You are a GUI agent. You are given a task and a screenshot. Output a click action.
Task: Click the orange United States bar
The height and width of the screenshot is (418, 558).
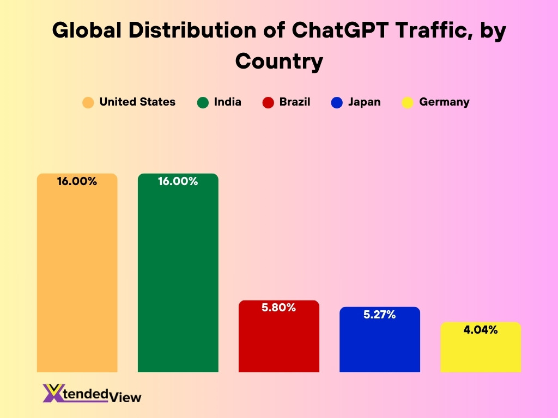coord(77,278)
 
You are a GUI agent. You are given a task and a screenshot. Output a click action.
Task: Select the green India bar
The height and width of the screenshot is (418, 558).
coord(178,278)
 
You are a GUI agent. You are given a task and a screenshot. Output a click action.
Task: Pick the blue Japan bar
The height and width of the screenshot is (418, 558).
coord(380,345)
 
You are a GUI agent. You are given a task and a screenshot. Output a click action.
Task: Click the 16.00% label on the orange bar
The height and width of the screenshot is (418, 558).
coord(77,182)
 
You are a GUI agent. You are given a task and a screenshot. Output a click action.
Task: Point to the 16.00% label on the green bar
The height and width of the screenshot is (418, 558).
coord(178,182)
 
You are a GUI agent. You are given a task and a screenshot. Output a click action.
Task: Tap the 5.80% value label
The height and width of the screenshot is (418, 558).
coord(279,308)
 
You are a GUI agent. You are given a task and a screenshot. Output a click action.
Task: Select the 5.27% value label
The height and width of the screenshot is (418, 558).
coord(380,315)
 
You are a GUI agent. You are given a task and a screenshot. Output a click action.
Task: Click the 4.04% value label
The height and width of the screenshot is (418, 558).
coord(481,329)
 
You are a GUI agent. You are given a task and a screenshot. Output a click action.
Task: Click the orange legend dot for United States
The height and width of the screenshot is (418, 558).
coord(88,102)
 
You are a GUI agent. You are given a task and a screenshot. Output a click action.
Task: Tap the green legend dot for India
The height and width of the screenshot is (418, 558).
coord(203,102)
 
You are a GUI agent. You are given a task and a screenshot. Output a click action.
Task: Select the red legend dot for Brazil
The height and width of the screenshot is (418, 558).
coord(268,102)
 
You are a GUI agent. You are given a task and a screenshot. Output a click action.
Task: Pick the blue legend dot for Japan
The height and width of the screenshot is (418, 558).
coord(337,102)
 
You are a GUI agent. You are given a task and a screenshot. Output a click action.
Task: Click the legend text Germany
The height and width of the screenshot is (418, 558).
coord(444,102)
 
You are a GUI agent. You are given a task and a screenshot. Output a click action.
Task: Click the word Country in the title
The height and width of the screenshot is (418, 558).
coord(279,61)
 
